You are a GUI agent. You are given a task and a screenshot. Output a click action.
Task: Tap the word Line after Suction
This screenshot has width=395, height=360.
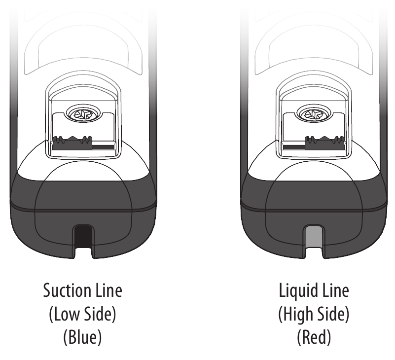tap(109, 290)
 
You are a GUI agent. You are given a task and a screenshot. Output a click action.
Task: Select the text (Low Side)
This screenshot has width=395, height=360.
tap(82, 314)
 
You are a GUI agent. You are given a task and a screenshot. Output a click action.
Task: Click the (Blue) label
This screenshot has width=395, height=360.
tap(82, 337)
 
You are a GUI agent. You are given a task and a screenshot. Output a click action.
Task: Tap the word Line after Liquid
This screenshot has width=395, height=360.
tap(335, 290)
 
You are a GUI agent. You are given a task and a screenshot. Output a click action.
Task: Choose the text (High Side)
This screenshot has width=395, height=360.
tap(314, 315)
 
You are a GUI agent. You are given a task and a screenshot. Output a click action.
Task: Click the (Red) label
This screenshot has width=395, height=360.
tap(314, 337)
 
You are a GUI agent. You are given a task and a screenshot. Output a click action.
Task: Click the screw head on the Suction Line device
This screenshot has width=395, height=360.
tap(83, 114)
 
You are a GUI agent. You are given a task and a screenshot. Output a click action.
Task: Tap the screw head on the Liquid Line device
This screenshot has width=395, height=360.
tap(314, 114)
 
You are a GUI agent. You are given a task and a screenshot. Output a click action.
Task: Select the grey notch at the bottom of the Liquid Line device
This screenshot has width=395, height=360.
tap(314, 236)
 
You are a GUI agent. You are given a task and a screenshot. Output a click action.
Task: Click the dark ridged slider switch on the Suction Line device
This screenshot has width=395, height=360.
tap(72, 143)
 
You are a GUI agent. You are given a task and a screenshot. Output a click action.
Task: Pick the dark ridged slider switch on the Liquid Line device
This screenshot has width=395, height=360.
tap(324, 143)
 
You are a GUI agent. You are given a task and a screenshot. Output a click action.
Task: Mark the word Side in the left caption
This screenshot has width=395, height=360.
tap(100, 314)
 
